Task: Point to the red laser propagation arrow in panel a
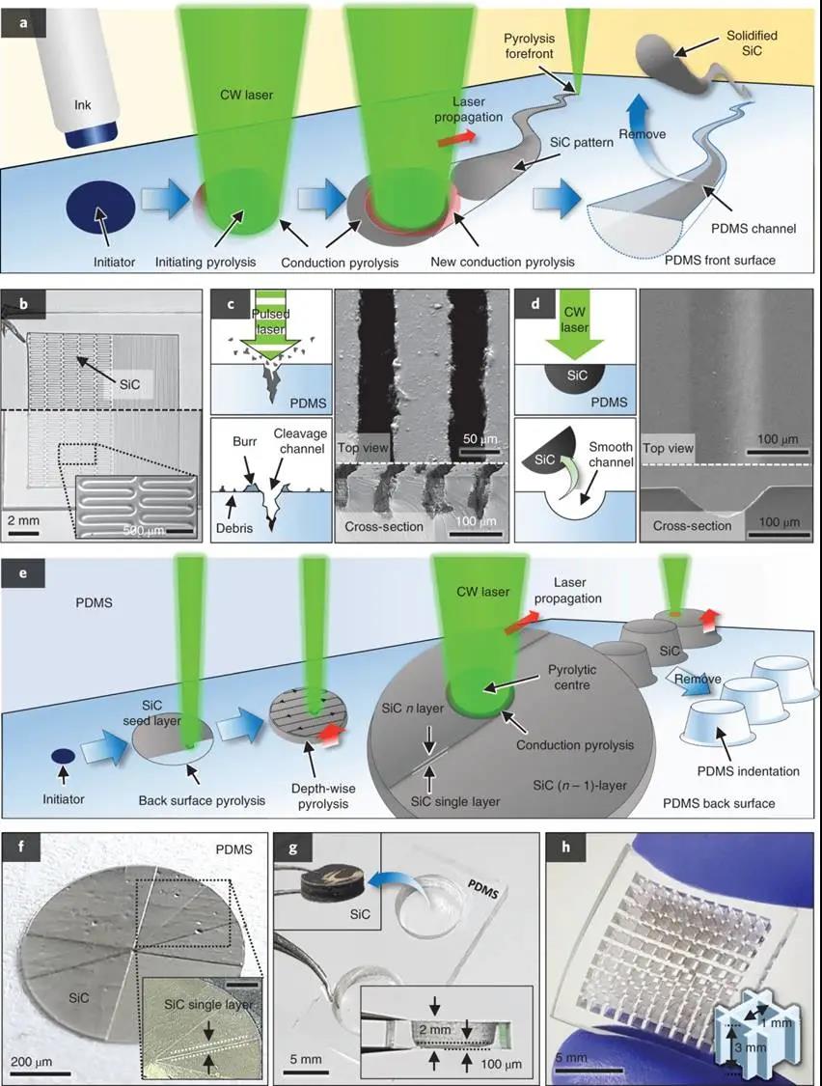click(x=457, y=142)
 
